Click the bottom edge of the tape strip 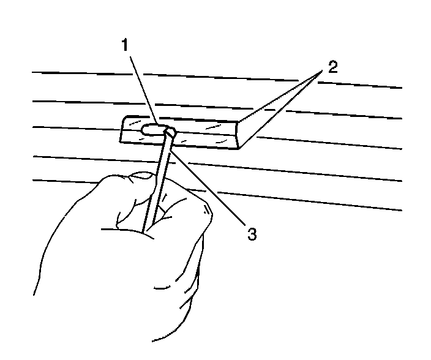184,145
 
